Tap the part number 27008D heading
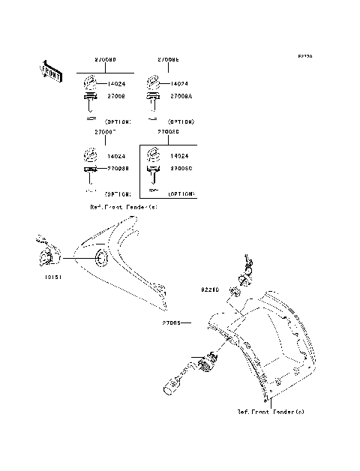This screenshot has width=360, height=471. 105,58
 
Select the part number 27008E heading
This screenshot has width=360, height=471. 168,58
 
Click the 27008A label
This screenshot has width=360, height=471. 182,97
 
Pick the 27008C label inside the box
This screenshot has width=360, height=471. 182,169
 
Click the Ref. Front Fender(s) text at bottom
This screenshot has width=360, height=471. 271,412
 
